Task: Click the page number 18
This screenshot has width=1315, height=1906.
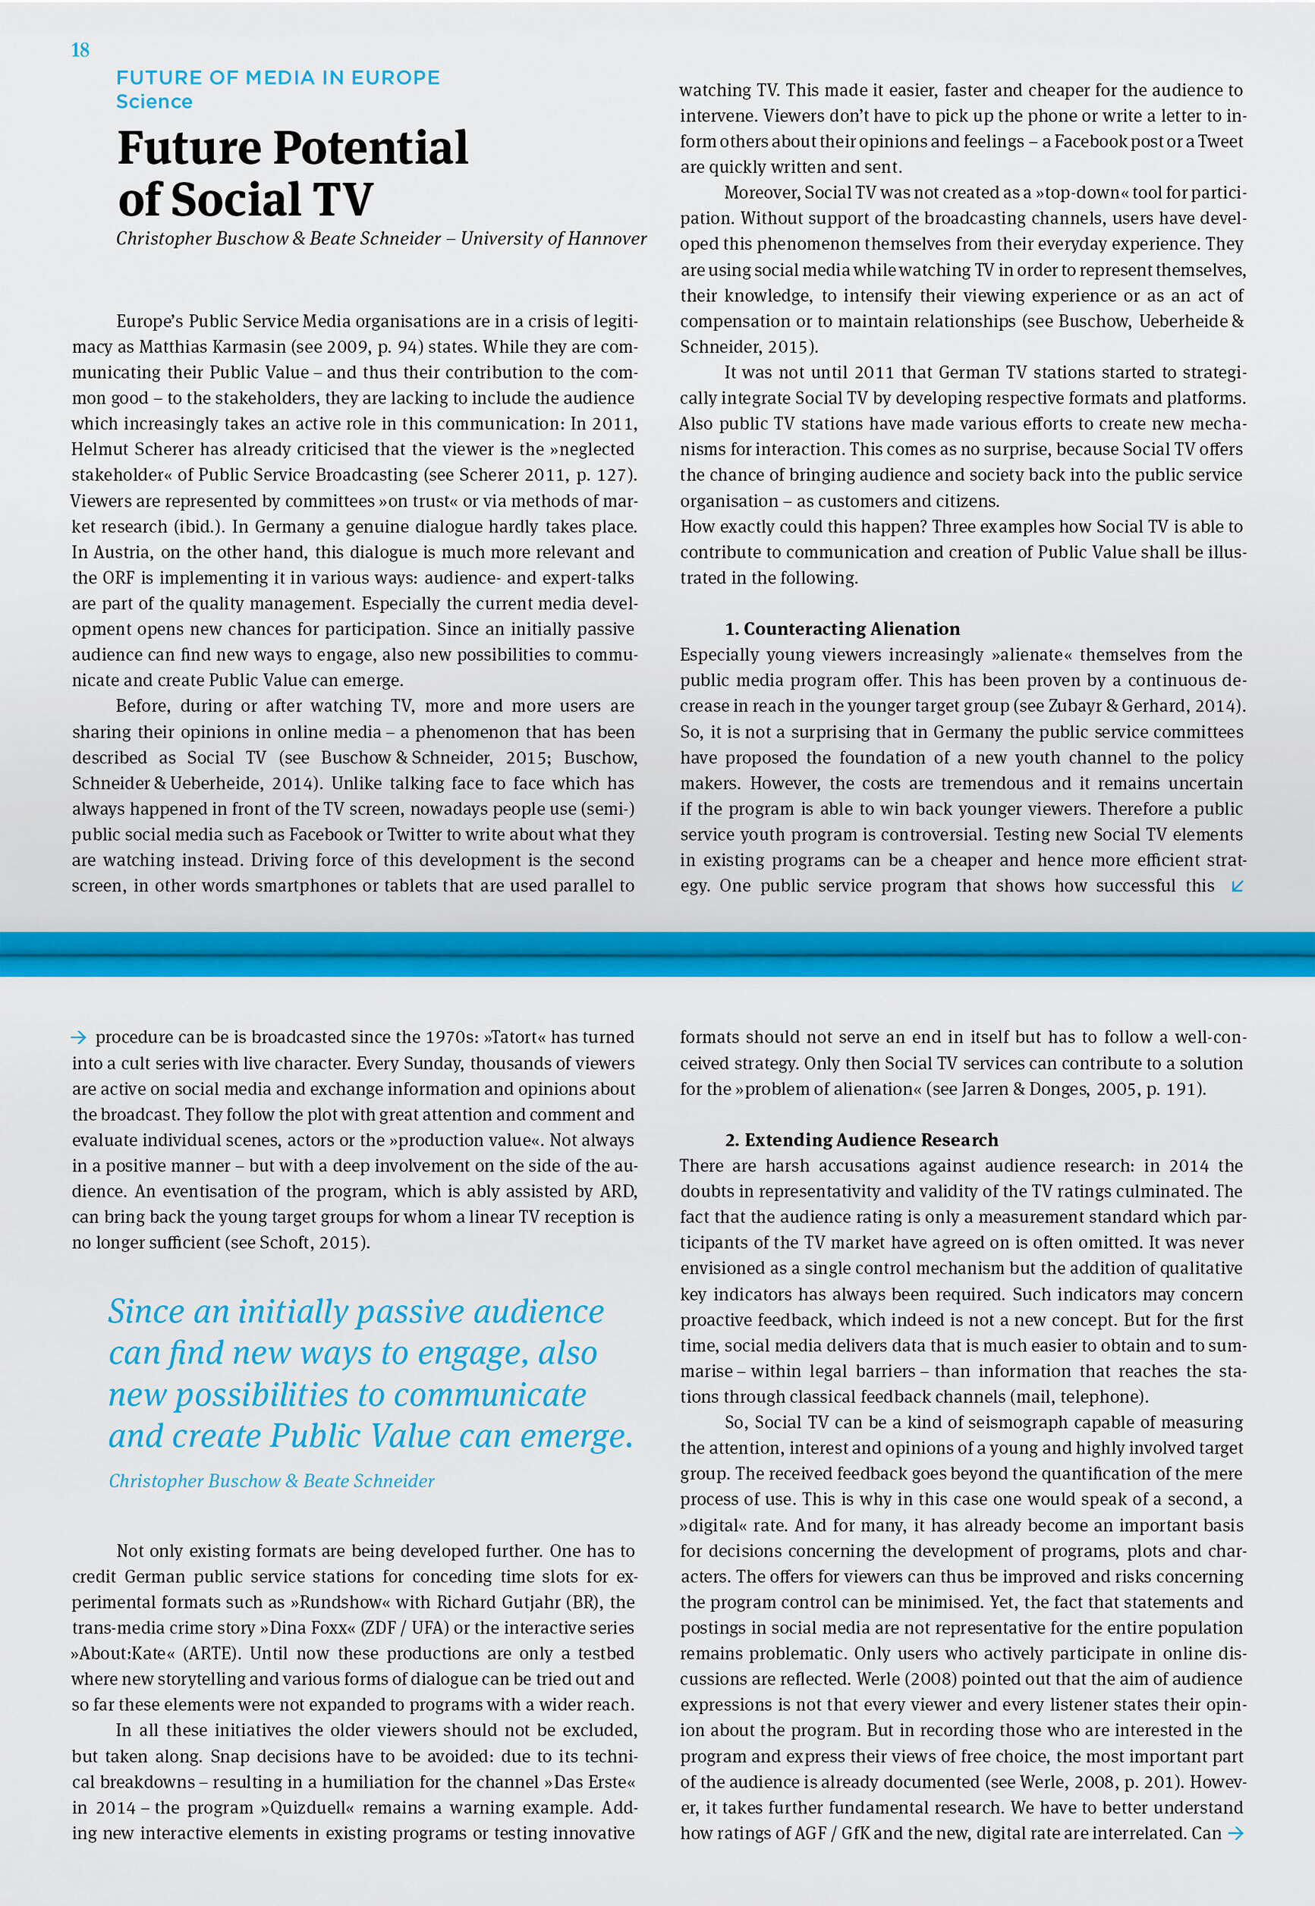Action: [x=80, y=50]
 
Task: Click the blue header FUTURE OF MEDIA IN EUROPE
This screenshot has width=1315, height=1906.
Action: [x=278, y=77]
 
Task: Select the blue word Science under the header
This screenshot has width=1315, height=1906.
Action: [x=154, y=102]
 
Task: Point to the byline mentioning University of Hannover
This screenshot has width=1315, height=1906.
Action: [x=381, y=238]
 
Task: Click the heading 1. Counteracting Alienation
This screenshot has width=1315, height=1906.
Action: [x=842, y=628]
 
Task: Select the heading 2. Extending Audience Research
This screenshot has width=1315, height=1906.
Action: [x=861, y=1139]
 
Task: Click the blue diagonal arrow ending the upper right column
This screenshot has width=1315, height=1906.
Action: [x=1236, y=885]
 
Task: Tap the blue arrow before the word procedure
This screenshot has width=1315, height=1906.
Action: [x=78, y=1037]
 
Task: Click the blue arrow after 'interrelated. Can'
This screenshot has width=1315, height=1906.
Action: [x=1235, y=1832]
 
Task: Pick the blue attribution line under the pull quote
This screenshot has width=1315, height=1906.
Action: [x=271, y=1480]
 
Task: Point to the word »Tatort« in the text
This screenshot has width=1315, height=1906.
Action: [x=515, y=1037]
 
